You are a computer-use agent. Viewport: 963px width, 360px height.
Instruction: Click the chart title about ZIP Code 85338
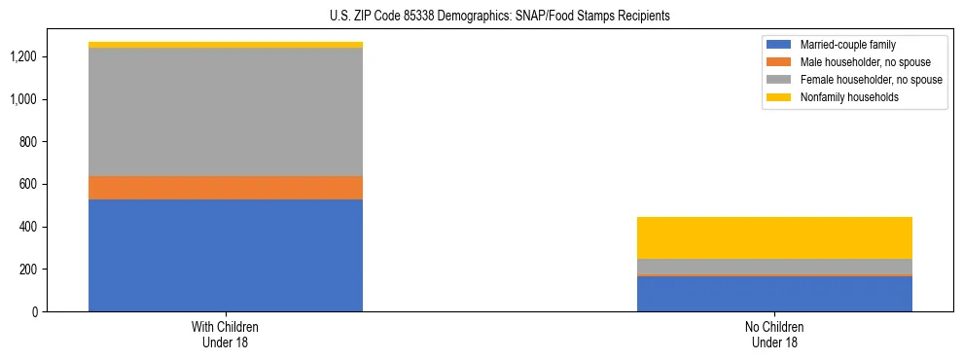click(x=481, y=17)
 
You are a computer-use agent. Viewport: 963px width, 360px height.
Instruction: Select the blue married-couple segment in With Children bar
click(x=226, y=255)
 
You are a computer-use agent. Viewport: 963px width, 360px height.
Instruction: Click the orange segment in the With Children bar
click(x=226, y=188)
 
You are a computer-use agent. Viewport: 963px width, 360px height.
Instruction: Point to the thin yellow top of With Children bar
click(x=226, y=45)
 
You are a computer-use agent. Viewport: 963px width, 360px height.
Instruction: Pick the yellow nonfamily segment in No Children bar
click(x=774, y=237)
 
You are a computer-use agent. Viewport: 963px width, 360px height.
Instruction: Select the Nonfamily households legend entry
click(x=849, y=97)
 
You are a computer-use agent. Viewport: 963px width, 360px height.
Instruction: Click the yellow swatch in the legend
click(x=780, y=97)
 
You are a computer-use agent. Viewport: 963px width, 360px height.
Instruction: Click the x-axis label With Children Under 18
click(x=226, y=335)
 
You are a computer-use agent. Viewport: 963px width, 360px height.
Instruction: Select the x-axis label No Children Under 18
click(x=774, y=335)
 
